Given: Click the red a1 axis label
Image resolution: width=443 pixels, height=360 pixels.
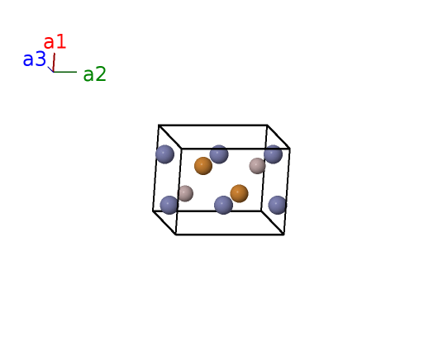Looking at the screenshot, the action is (x=55, y=42).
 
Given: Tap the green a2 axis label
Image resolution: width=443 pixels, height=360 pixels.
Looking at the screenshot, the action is (x=95, y=74).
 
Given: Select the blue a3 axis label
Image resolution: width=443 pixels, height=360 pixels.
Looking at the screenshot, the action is (x=34, y=59).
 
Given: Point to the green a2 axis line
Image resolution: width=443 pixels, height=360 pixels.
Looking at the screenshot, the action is (x=65, y=72).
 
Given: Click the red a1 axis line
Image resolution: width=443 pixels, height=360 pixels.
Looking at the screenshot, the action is (x=54, y=63).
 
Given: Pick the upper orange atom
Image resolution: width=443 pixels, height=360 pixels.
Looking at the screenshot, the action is (x=203, y=166).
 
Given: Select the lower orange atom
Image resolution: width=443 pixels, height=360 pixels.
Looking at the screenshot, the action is (x=240, y=194).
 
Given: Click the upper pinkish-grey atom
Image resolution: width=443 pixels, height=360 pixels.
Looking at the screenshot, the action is (x=257, y=166).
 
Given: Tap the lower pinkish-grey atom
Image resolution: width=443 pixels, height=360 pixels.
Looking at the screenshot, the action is (x=185, y=194).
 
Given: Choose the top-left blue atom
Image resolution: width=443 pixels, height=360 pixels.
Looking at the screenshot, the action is (x=165, y=154).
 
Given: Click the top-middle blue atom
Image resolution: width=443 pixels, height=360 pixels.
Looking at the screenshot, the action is (x=219, y=154).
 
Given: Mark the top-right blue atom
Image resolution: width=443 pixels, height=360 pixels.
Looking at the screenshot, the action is (x=274, y=154).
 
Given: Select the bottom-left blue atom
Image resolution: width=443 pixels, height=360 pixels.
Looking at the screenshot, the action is (x=169, y=205).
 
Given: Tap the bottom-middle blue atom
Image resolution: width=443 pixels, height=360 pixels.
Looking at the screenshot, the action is (x=223, y=205).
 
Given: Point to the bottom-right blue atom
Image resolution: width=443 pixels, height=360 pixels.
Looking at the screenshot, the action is (x=278, y=205).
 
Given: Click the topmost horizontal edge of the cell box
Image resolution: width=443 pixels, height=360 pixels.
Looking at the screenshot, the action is (x=213, y=125).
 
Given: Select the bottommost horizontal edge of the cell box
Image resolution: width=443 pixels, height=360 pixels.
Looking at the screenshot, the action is (x=230, y=234).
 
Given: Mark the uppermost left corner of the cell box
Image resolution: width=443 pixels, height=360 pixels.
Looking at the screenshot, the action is (x=159, y=125).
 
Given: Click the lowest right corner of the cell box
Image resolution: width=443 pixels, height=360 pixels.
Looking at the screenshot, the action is (x=283, y=234).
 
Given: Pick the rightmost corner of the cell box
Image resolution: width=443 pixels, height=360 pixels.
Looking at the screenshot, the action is (x=290, y=149).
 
